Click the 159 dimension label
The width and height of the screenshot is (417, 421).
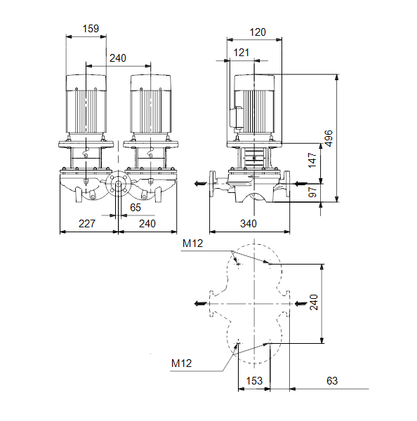pos(91,29)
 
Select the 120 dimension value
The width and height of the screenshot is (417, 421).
pos(258,32)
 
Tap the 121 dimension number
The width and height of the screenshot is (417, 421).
pos(241,53)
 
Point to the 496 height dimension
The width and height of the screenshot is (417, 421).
pos(329,138)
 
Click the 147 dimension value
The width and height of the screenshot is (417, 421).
pos(312,160)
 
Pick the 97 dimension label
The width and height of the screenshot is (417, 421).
pos(312,192)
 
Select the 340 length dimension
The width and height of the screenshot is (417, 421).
pos(249,224)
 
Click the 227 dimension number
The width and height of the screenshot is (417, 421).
pos(87,224)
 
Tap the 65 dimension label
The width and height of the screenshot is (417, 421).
pos(135,208)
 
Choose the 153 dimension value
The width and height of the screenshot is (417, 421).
pos(254,381)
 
